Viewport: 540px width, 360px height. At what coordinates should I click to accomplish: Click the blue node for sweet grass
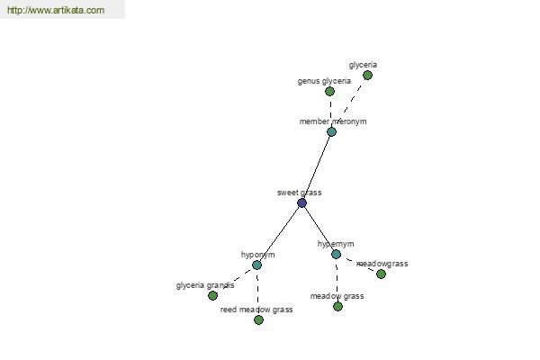point(301,202)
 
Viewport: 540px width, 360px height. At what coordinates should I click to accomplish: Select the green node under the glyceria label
point(367,75)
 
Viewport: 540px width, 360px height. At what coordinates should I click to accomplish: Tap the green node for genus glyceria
point(329,91)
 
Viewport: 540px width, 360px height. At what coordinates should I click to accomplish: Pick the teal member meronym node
point(331,131)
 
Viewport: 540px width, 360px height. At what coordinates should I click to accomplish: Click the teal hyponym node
point(256,265)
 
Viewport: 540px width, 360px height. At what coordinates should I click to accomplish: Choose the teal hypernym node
point(336,254)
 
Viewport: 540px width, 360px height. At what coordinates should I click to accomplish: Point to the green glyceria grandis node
point(212,295)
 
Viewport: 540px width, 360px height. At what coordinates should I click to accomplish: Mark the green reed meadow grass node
point(258,320)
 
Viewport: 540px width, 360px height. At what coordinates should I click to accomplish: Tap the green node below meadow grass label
point(337,306)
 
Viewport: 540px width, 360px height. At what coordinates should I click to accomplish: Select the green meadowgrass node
point(381,274)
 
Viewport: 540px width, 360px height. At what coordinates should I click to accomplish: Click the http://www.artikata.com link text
point(56,10)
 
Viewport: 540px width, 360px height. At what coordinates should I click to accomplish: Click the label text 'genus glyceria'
point(324,81)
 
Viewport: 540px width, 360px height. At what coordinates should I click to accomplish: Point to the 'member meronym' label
point(333,121)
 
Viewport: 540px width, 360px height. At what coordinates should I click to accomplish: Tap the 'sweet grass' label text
point(300,193)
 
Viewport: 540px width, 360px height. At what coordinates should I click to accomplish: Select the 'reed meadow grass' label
point(256,310)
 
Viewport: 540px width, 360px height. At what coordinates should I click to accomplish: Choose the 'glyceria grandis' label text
point(205,285)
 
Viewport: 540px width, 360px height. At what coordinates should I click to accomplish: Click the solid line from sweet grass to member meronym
point(317,167)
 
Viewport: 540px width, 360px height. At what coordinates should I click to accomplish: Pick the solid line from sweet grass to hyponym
point(279,234)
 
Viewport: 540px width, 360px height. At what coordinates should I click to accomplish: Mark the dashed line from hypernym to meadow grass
point(337,280)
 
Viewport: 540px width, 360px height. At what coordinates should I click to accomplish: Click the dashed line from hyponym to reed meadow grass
point(257,292)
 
